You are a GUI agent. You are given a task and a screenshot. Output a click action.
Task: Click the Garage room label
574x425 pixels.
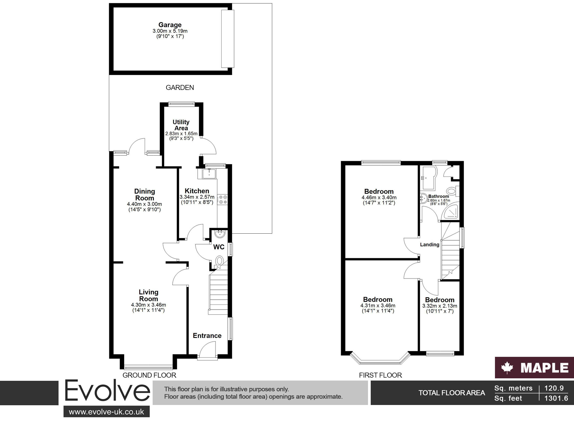pyautogui.click(x=170, y=25)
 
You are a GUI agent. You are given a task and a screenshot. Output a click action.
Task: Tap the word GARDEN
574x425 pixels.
pyautogui.click(x=180, y=88)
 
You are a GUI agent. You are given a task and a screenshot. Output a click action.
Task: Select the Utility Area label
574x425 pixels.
pyautogui.click(x=181, y=125)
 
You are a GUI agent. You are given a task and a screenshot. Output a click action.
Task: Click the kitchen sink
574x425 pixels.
pyautogui.click(x=209, y=174)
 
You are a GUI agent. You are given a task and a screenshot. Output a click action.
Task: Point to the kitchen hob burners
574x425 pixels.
pyautogui.click(x=223, y=200)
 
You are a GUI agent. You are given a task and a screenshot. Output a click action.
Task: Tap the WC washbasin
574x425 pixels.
pyautogui.click(x=220, y=234)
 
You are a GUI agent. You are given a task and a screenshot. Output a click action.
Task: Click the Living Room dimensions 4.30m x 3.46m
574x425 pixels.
pyautogui.click(x=148, y=305)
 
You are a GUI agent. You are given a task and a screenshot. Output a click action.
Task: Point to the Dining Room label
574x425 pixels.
pyautogui.click(x=144, y=195)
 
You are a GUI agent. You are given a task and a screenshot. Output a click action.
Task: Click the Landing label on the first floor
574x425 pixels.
pyautogui.click(x=430, y=245)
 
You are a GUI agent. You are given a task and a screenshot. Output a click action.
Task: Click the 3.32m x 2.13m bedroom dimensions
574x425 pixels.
pyautogui.click(x=440, y=306)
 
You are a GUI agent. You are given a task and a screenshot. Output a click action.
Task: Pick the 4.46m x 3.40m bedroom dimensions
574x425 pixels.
pyautogui.click(x=379, y=198)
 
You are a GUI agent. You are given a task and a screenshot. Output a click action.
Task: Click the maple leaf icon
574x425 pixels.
pyautogui.click(x=507, y=368)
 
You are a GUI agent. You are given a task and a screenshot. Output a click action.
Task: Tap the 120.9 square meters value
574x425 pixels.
pyautogui.click(x=554, y=388)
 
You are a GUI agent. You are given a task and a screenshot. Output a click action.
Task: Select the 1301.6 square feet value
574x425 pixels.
pyautogui.click(x=556, y=399)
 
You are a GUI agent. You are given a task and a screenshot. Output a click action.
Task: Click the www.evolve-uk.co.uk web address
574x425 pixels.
pyautogui.click(x=106, y=412)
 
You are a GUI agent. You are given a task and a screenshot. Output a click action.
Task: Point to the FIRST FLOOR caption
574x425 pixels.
pyautogui.click(x=381, y=375)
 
